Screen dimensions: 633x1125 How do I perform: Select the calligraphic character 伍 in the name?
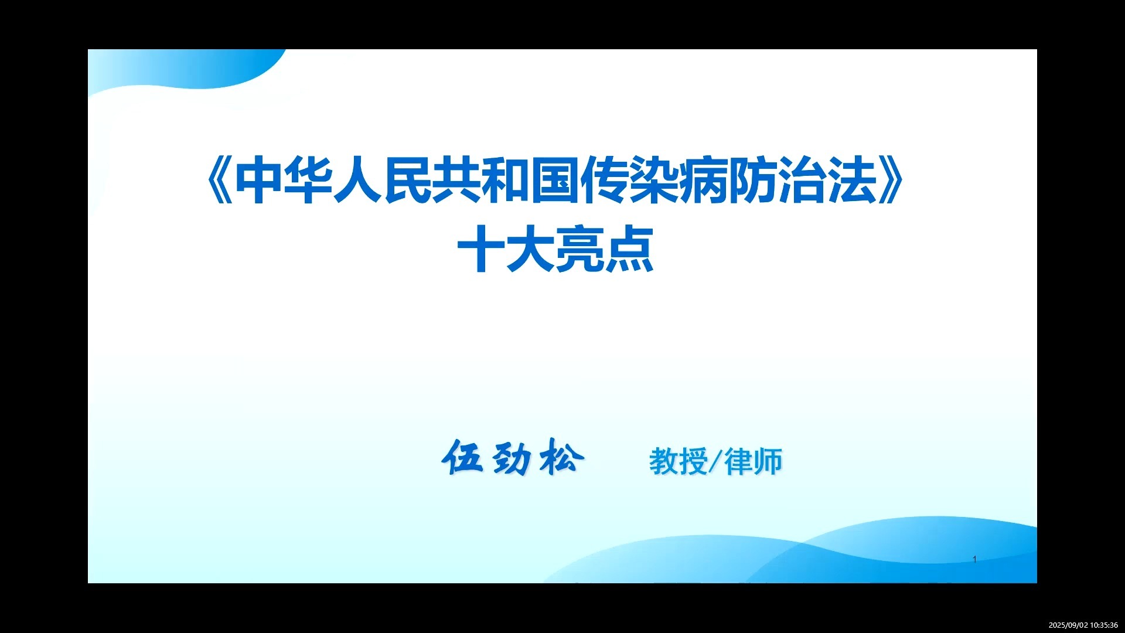pos(463,458)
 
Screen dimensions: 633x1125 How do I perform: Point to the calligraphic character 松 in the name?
pos(561,458)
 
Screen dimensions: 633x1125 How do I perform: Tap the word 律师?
pos(754,462)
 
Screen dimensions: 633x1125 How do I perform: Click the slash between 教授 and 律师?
pos(715,462)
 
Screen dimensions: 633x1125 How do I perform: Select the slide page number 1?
pos(974,559)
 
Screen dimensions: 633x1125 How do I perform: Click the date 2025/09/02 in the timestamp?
pos(1068,625)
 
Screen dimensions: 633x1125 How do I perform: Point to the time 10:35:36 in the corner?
pos(1104,625)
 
